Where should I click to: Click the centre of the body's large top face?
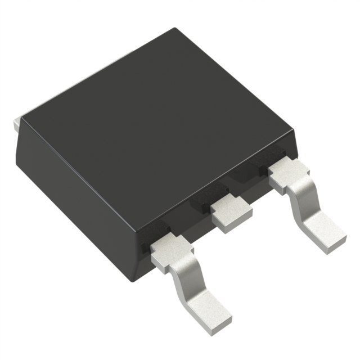tap(157, 124)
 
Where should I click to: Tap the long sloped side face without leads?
tap(73, 186)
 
